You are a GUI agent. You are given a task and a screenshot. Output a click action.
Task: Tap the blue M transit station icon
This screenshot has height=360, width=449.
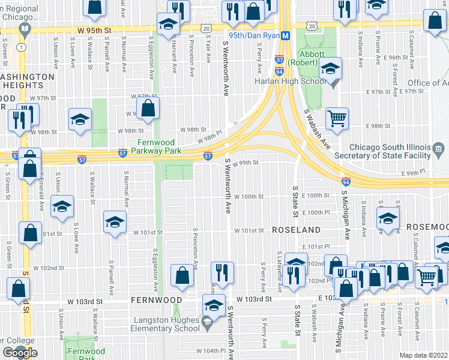[x=286, y=35]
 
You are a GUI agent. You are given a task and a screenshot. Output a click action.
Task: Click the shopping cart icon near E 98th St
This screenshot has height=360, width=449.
[x=337, y=117]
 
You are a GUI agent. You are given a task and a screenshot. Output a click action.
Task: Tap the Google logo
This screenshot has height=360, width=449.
[x=19, y=352]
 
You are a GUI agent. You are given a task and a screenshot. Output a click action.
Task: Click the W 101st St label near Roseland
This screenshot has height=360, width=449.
[x=249, y=230]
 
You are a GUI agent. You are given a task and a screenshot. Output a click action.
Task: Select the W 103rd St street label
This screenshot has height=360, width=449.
[x=254, y=298]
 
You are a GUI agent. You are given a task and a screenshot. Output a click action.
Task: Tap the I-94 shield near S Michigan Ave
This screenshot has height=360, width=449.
[x=346, y=181]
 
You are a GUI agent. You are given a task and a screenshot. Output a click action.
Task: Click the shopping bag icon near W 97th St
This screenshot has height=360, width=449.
[x=148, y=108]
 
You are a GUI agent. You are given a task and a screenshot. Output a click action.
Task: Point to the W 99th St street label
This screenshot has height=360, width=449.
[x=246, y=163]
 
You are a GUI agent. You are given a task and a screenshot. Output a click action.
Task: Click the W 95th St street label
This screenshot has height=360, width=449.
[x=94, y=29]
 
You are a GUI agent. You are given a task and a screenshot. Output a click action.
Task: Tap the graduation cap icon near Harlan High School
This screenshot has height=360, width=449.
[x=330, y=68]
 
